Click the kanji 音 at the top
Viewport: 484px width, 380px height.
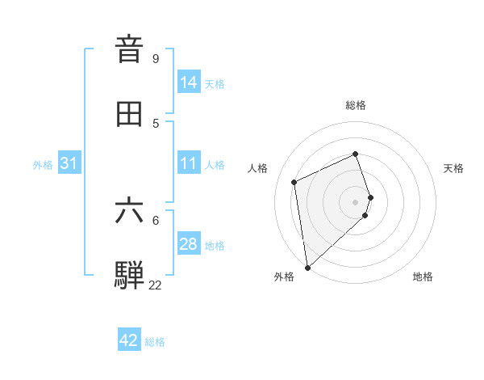pos(130,49)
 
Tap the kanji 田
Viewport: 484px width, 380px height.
pos(130,114)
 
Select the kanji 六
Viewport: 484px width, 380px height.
pos(130,210)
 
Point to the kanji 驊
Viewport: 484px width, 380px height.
pos(130,275)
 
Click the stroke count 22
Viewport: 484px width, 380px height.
pos(155,285)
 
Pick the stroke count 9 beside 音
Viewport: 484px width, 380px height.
pos(155,58)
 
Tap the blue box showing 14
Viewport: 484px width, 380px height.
pos(188,82)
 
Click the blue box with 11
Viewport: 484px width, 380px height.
pos(188,163)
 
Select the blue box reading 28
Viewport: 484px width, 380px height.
pos(188,244)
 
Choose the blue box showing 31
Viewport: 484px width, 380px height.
pos(69,163)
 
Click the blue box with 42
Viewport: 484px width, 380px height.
pos(128,340)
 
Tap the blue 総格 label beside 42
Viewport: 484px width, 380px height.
pos(155,342)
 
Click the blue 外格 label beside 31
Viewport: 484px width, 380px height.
pos(43,165)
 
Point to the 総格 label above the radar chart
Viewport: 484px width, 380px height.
pos(356,105)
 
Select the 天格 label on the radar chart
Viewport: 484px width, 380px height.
pos(453,168)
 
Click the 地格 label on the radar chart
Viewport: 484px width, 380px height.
pos(423,277)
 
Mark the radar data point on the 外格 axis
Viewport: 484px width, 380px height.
pos(307,267)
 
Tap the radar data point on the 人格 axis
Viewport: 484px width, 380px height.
pos(294,181)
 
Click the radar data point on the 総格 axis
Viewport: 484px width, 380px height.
pos(356,154)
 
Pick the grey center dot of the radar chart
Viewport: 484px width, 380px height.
pos(356,201)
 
